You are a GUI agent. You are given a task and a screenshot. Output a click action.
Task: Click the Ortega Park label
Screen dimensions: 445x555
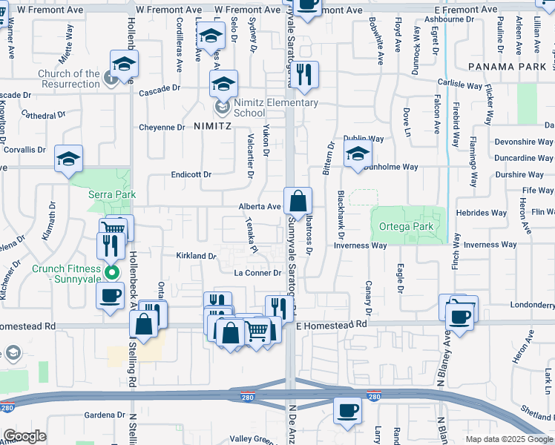[406, 226]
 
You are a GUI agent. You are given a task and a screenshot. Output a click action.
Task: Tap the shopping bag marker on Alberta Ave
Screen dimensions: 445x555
[298, 201]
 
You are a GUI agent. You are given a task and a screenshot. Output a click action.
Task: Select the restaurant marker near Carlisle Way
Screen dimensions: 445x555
[304, 74]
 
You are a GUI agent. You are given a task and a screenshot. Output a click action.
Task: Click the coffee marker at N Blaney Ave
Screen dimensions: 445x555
[459, 316]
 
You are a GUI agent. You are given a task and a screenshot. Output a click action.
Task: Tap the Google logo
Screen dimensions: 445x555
[24, 436]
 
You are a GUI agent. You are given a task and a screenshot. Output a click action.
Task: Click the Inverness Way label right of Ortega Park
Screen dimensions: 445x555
[489, 245]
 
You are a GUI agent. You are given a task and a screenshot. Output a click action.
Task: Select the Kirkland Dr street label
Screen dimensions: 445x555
[196, 256]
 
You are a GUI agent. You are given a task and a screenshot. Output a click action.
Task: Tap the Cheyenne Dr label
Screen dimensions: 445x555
[162, 128]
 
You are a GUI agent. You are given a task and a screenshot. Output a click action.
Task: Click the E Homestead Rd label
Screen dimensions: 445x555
[332, 324]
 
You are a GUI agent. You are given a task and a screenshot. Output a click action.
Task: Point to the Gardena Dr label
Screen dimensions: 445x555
[103, 415]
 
